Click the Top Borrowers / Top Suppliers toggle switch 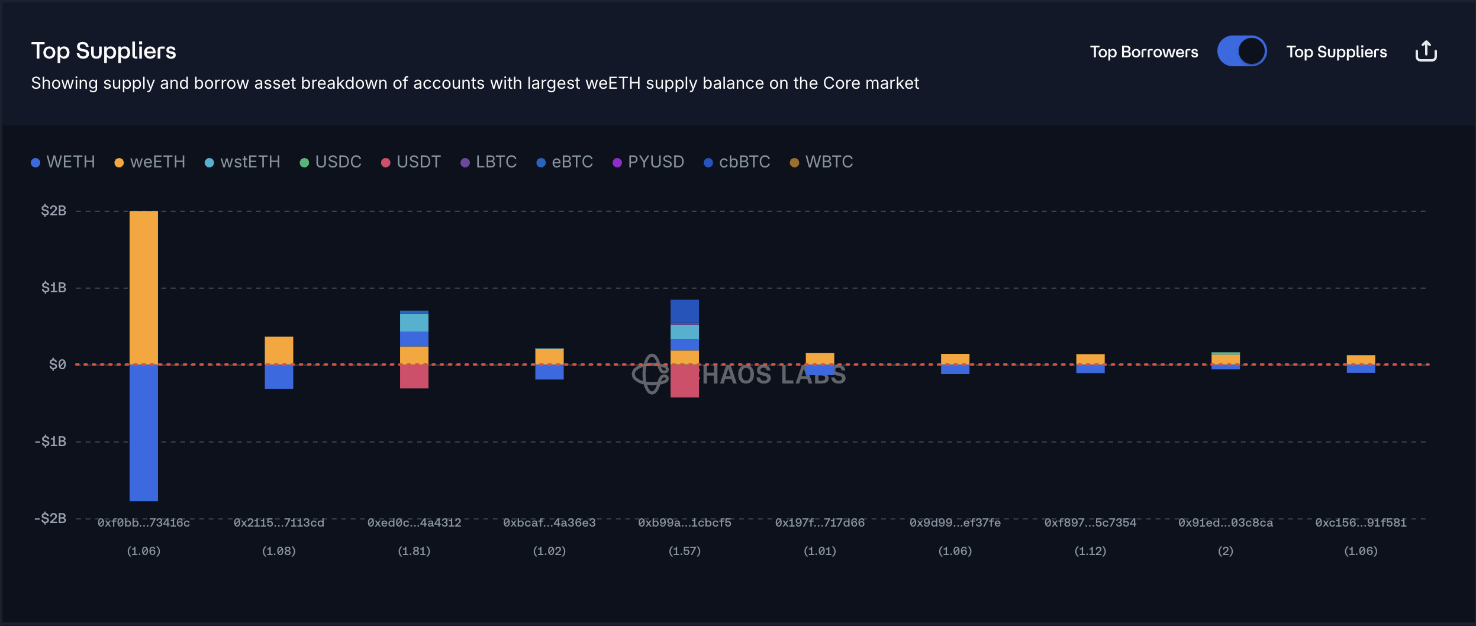[1242, 51]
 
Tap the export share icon [1426, 51]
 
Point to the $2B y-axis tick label [53, 211]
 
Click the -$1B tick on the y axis [51, 441]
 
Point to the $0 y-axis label [57, 364]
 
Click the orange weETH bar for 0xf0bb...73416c [144, 287]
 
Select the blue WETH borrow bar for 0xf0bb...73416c [144, 433]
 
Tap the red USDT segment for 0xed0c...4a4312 [414, 376]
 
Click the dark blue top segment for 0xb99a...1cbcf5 [685, 311]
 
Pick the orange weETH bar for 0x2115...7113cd [279, 350]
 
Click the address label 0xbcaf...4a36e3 [549, 523]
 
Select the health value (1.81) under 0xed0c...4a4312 [414, 551]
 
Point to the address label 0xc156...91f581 [1361, 523]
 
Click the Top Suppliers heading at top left [104, 51]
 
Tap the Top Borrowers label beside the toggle [1143, 52]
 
